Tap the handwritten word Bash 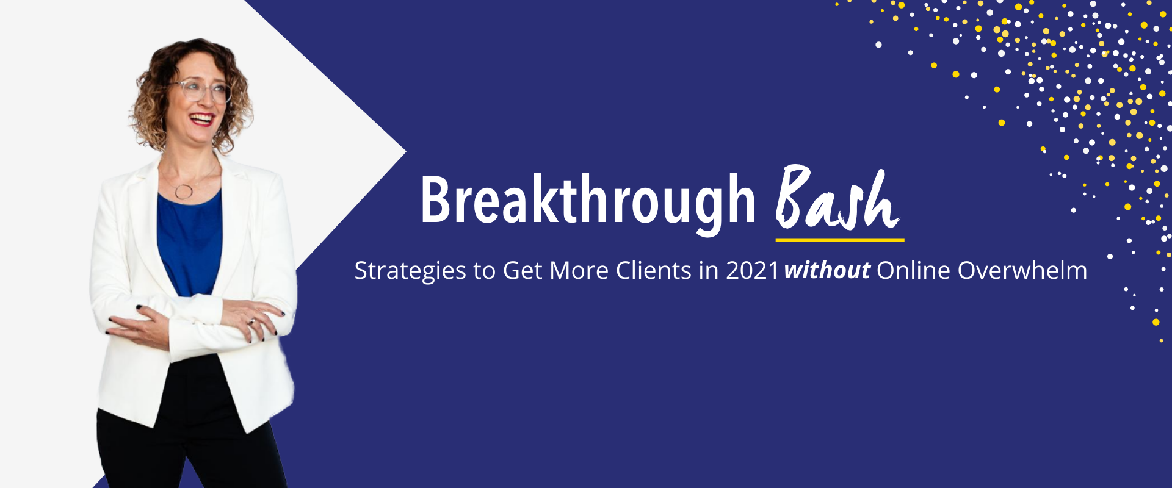[x=837, y=198]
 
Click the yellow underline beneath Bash [x=840, y=240]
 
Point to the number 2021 [x=753, y=271]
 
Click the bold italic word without [x=827, y=270]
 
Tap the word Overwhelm [x=1022, y=270]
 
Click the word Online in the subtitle [x=913, y=270]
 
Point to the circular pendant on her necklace [x=184, y=192]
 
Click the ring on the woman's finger [x=251, y=321]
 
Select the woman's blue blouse [x=189, y=244]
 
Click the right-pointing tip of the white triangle [x=406, y=151]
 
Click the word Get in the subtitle [x=523, y=271]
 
